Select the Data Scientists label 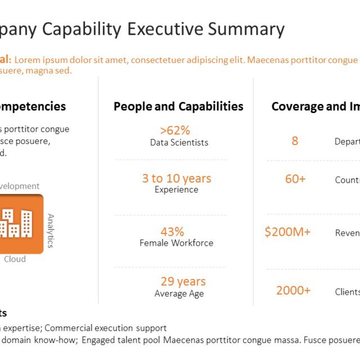click(179, 143)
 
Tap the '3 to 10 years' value click(177, 178)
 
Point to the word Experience click(177, 190)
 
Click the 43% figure click(172, 231)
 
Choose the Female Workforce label click(177, 243)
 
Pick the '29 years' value click(183, 281)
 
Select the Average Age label click(179, 294)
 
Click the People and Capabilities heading click(178, 106)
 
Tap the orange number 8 click(295, 141)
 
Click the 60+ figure click(295, 179)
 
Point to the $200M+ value click(287, 232)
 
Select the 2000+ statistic click(293, 290)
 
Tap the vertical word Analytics click(51, 231)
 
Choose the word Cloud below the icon click(15, 259)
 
